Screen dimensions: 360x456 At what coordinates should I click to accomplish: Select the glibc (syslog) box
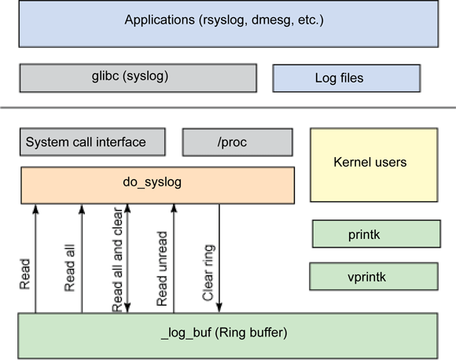click(138, 78)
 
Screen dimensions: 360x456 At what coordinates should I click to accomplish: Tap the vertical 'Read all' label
click(70, 272)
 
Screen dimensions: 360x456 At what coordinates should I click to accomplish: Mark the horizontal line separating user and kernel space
click(228, 107)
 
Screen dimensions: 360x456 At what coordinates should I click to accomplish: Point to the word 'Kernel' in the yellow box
click(351, 163)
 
